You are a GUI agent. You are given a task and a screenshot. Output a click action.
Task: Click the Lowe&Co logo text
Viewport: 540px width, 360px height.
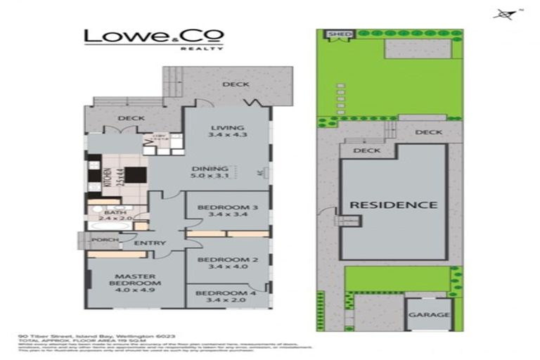coord(154,37)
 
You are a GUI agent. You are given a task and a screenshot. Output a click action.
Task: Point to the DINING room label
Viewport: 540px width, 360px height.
coord(210,169)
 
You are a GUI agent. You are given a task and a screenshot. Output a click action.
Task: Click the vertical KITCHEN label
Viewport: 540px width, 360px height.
coord(108,181)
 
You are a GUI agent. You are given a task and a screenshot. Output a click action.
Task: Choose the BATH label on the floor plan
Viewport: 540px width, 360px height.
coord(115,212)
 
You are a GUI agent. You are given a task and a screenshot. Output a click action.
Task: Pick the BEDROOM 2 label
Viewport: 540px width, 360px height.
coord(224,259)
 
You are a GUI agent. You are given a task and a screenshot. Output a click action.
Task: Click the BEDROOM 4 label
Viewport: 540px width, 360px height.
coord(223,292)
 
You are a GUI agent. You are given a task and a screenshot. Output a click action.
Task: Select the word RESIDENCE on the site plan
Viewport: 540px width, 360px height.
coord(394,205)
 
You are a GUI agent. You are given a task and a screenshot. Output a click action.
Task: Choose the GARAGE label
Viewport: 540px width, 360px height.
coord(429,314)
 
